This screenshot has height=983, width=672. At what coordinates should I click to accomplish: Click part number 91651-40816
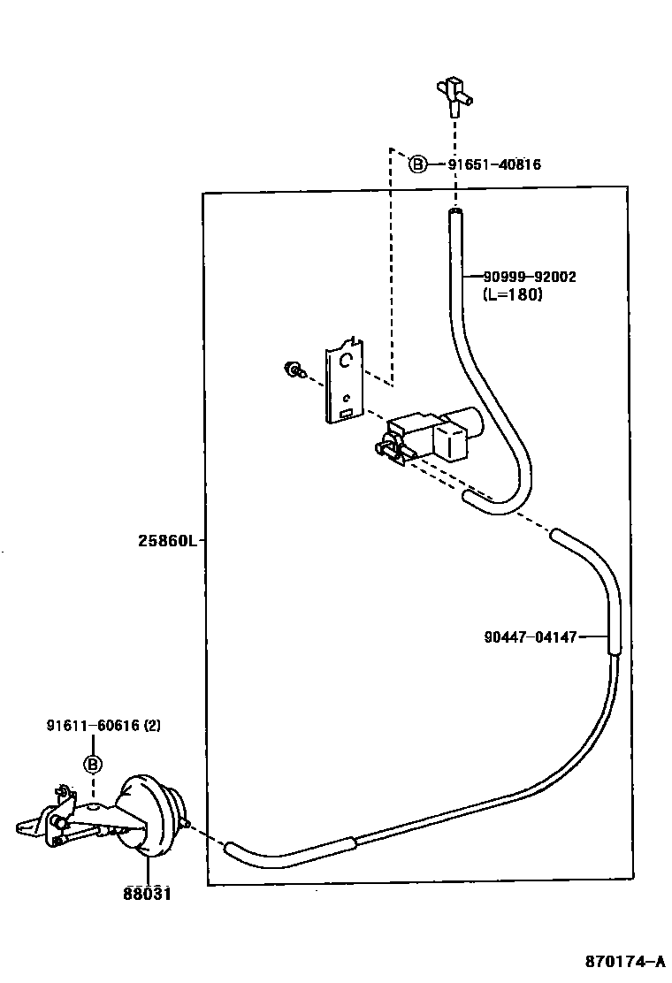click(x=493, y=164)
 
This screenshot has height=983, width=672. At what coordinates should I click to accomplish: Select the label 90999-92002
click(x=530, y=277)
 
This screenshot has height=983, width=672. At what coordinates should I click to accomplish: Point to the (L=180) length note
click(x=513, y=294)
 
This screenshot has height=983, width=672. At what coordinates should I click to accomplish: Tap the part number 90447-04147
click(x=531, y=636)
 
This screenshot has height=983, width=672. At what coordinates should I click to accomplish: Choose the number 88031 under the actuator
click(x=147, y=894)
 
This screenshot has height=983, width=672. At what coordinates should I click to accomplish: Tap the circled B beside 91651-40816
click(x=417, y=164)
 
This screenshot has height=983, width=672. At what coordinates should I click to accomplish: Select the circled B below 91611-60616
click(x=93, y=764)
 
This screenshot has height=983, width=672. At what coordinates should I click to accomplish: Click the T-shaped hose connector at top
click(x=454, y=95)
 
